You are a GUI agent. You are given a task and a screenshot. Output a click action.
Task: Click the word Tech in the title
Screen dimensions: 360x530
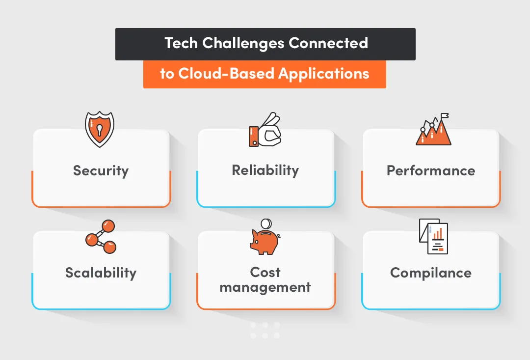pos(182,43)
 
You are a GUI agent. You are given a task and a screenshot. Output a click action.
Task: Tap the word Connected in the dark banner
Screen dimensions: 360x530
pos(328,43)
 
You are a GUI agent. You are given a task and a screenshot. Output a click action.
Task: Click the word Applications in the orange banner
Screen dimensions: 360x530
pos(324,74)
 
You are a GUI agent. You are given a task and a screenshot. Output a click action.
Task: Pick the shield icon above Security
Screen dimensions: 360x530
pos(100,129)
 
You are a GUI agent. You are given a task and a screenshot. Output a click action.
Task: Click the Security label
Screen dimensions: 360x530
pos(101,170)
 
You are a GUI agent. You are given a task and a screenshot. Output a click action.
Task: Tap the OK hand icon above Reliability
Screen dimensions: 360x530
pos(265,130)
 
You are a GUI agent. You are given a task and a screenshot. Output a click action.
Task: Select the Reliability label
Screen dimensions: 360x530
pos(265,170)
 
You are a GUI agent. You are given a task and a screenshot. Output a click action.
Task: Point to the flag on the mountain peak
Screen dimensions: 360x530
pos(445,116)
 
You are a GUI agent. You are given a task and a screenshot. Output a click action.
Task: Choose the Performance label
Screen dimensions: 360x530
pos(431,170)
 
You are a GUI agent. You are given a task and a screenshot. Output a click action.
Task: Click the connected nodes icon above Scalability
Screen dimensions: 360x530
pos(101,237)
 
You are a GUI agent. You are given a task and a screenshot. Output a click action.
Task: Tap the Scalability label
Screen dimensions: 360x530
pos(101,273)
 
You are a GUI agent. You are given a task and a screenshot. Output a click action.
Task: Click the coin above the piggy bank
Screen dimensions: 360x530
pos(265,224)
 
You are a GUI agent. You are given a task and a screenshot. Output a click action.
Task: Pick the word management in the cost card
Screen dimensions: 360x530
pos(265,287)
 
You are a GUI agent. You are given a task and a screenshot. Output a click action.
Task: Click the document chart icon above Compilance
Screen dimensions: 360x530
pos(434,237)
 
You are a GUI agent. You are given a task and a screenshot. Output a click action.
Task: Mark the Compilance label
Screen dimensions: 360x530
pos(431,273)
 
